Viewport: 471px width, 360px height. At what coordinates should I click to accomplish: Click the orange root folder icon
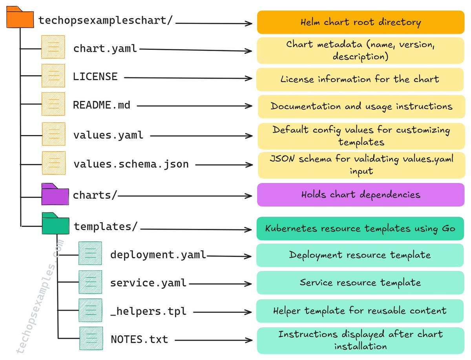(x=20, y=18)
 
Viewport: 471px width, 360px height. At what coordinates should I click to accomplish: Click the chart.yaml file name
(x=105, y=49)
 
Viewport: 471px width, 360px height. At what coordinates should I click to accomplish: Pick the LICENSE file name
(x=95, y=77)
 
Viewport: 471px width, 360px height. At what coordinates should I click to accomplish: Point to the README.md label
(x=102, y=105)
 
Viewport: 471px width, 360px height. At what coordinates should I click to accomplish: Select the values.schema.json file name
(x=131, y=164)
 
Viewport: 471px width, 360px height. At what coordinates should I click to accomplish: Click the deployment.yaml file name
(x=158, y=255)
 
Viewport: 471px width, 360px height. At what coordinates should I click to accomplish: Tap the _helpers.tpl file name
(x=148, y=311)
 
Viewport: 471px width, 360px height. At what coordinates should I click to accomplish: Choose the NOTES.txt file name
(x=139, y=339)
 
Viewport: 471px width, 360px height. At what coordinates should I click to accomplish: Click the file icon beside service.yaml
(x=90, y=282)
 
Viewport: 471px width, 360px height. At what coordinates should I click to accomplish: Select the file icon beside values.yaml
(x=53, y=134)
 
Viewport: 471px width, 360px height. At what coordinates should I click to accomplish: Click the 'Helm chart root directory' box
(x=360, y=22)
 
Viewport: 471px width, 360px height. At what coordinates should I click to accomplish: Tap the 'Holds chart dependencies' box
(x=360, y=195)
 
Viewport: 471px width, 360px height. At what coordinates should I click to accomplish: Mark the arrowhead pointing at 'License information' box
(x=249, y=79)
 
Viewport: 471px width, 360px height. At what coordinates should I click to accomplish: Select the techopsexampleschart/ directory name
(x=106, y=20)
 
